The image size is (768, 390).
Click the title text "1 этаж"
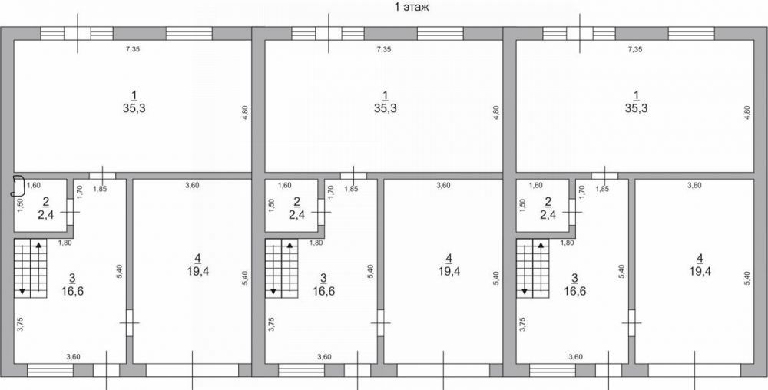(x=412, y=8)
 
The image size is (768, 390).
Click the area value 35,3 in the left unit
(x=134, y=109)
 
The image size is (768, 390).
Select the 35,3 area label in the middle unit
(x=386, y=109)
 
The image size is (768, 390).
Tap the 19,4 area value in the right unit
(x=700, y=271)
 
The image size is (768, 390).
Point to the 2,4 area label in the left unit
(x=45, y=214)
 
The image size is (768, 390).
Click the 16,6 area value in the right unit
(x=575, y=292)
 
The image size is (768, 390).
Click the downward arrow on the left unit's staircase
(x=22, y=267)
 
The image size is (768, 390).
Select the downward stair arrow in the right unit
(x=525, y=267)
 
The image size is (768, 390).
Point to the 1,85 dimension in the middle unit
(x=351, y=190)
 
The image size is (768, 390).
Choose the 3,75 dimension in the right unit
(x=522, y=325)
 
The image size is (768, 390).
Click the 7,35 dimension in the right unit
(x=635, y=49)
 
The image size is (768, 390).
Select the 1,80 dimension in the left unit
(x=65, y=243)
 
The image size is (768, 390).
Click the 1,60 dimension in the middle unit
(x=284, y=186)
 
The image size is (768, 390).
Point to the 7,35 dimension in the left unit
(x=133, y=49)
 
